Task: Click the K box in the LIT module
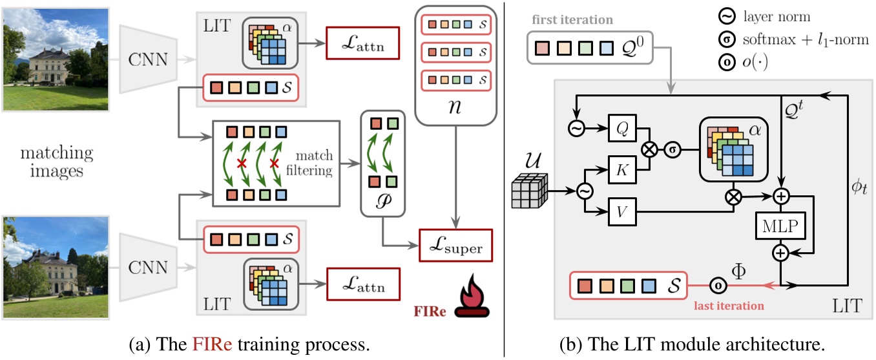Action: [x=621, y=173]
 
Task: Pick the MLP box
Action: [x=781, y=226]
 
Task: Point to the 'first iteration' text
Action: [x=571, y=20]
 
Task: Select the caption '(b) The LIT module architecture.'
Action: [x=691, y=341]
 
